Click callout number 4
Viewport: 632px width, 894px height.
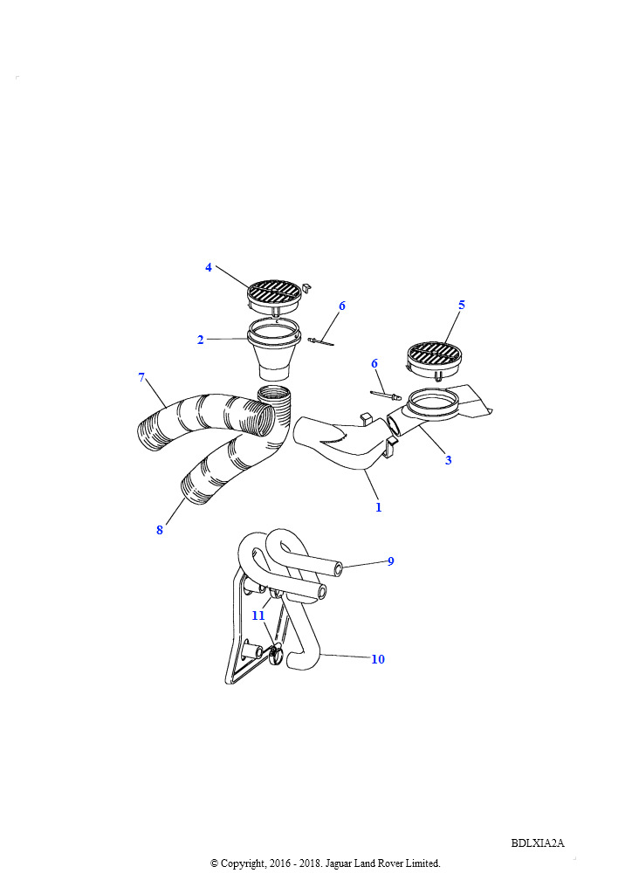[x=209, y=267]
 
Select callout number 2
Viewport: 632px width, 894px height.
[x=200, y=340]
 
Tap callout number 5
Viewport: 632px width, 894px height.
[x=462, y=305]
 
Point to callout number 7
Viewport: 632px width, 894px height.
[x=141, y=377]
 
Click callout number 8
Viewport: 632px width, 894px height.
[x=160, y=530]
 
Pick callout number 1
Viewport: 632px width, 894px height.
[x=378, y=507]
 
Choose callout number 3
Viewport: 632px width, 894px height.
[x=449, y=460]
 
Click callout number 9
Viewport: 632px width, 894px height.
[x=391, y=561]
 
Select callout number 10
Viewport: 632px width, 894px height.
[x=378, y=659]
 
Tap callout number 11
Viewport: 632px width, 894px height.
[x=258, y=615]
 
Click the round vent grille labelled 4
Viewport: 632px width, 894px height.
[x=274, y=295]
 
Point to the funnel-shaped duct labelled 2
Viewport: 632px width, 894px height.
[x=273, y=349]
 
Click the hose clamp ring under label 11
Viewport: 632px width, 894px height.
[x=275, y=655]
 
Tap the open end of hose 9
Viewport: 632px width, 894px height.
[x=339, y=568]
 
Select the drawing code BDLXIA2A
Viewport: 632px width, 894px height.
[x=538, y=842]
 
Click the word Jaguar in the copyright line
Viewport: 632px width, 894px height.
[x=340, y=863]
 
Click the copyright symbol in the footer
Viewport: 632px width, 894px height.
[x=214, y=863]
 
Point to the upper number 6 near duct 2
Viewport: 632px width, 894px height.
[x=342, y=306]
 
